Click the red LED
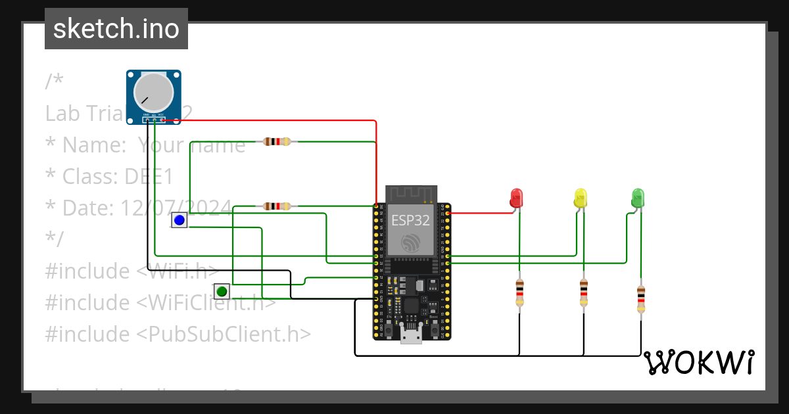(517, 198)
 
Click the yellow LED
(580, 198)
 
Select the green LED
(637, 198)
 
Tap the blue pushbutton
(179, 220)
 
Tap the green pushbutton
(222, 291)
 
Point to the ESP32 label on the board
(411, 220)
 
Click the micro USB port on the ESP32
(412, 336)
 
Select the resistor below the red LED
(519, 292)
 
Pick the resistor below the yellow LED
(583, 292)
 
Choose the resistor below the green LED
(641, 300)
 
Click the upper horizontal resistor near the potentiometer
(276, 141)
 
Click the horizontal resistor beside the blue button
(276, 206)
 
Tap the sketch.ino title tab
(116, 29)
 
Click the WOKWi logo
(699, 362)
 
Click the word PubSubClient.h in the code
(224, 334)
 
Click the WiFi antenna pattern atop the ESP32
(412, 195)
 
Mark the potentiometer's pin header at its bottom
(154, 119)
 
